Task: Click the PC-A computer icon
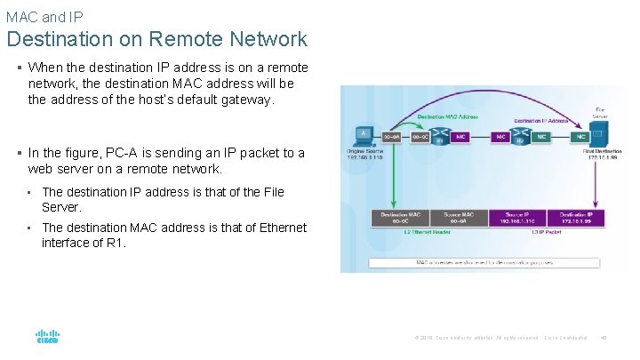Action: (x=362, y=136)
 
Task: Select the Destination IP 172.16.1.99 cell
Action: (x=576, y=218)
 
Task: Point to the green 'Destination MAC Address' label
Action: (x=447, y=116)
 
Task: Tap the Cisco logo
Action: (x=47, y=338)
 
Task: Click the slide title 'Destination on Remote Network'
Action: (x=157, y=39)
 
